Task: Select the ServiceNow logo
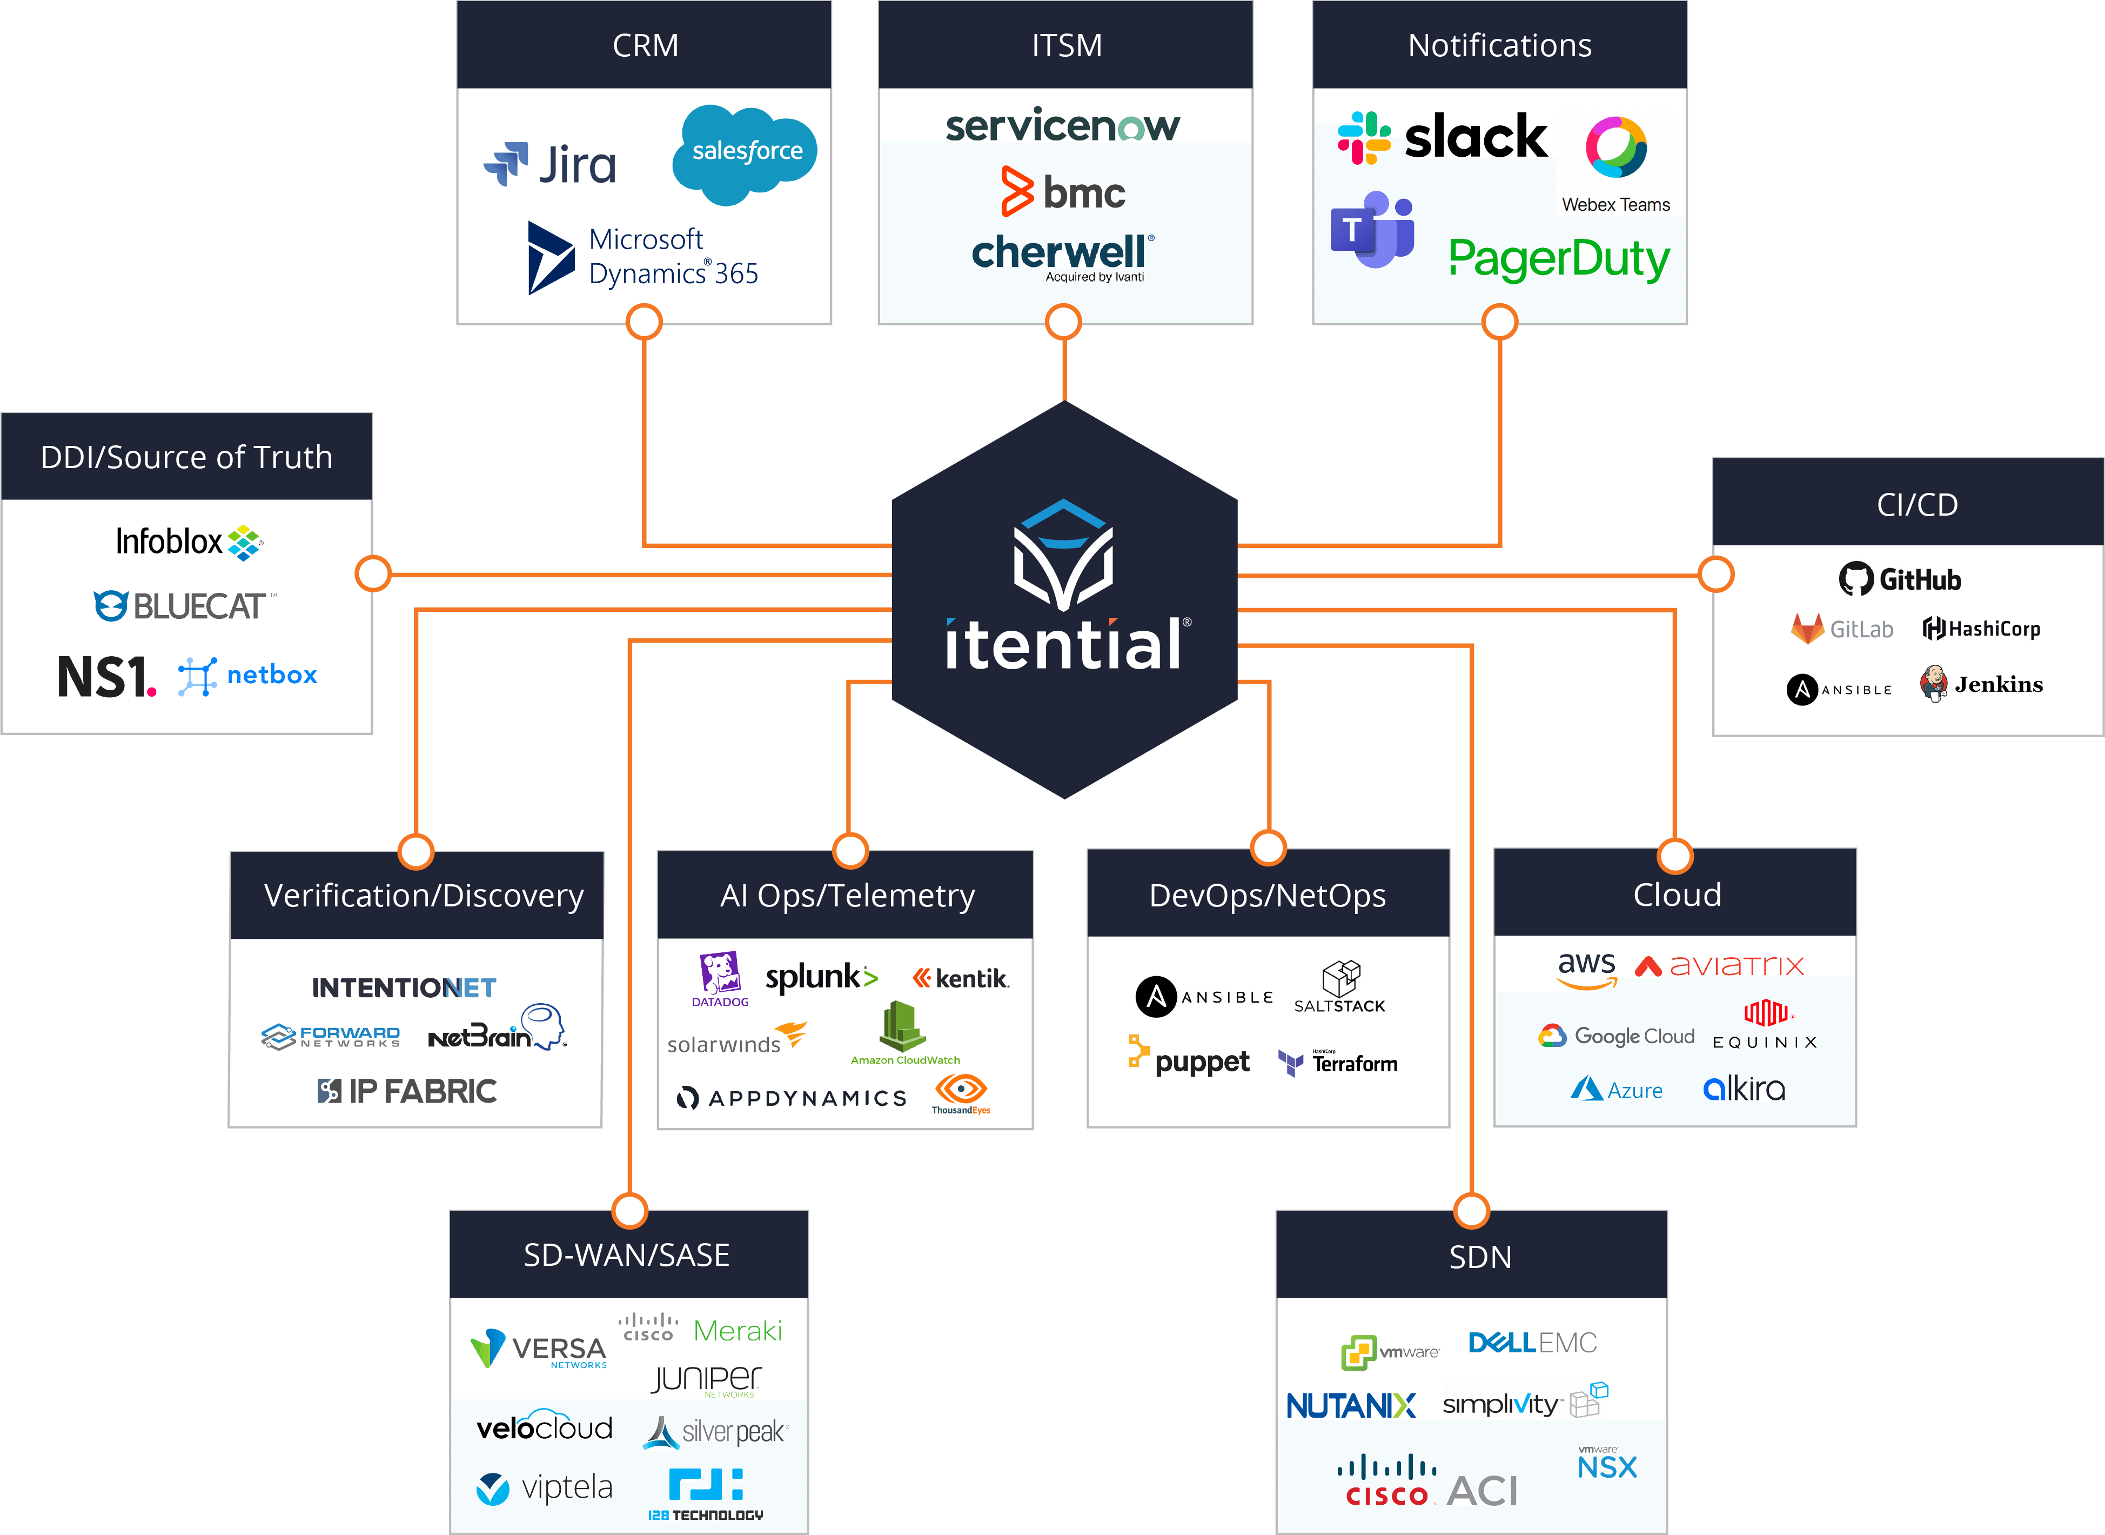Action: [1063, 125]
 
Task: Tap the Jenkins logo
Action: [1981, 685]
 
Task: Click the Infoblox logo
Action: [189, 542]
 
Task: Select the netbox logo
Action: [248, 676]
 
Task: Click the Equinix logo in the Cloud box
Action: [1765, 1025]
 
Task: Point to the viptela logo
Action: [545, 1487]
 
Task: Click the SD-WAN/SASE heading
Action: [627, 1256]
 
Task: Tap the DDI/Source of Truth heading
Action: [187, 457]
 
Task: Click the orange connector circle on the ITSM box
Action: [1064, 323]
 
